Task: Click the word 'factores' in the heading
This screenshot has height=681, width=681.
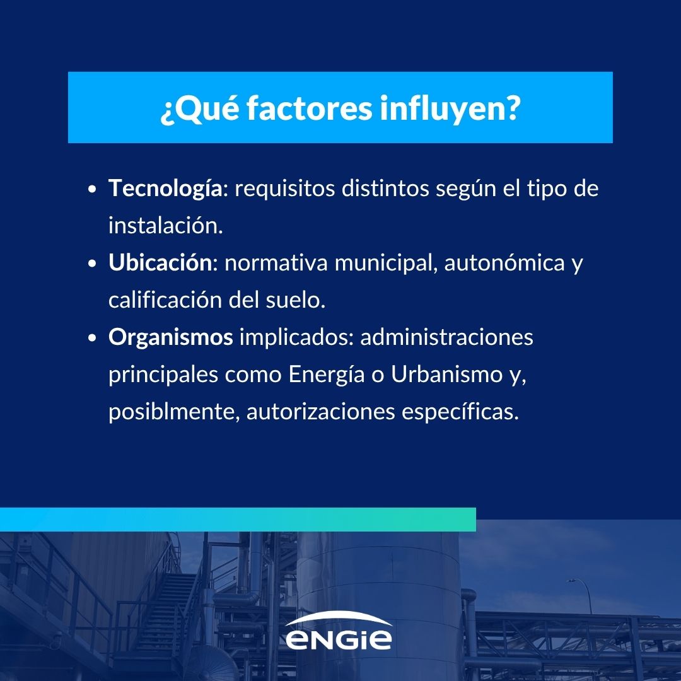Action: click(309, 108)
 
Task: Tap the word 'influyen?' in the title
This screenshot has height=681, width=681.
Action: click(450, 108)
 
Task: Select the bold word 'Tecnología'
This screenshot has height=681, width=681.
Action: click(165, 189)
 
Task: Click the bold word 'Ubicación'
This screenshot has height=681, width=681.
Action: click(160, 263)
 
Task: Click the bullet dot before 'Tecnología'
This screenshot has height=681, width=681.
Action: click(92, 189)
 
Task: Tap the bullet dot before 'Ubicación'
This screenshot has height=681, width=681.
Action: click(92, 264)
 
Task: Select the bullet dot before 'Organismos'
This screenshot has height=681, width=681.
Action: click(92, 338)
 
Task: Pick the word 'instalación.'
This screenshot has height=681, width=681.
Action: click(165, 225)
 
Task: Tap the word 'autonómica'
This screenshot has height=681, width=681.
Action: click(504, 263)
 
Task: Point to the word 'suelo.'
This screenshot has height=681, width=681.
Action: click(295, 300)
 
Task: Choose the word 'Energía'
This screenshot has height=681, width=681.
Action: click(327, 375)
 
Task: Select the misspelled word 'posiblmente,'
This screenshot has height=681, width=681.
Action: click(174, 412)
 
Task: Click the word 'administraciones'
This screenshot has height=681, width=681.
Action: click(446, 337)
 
